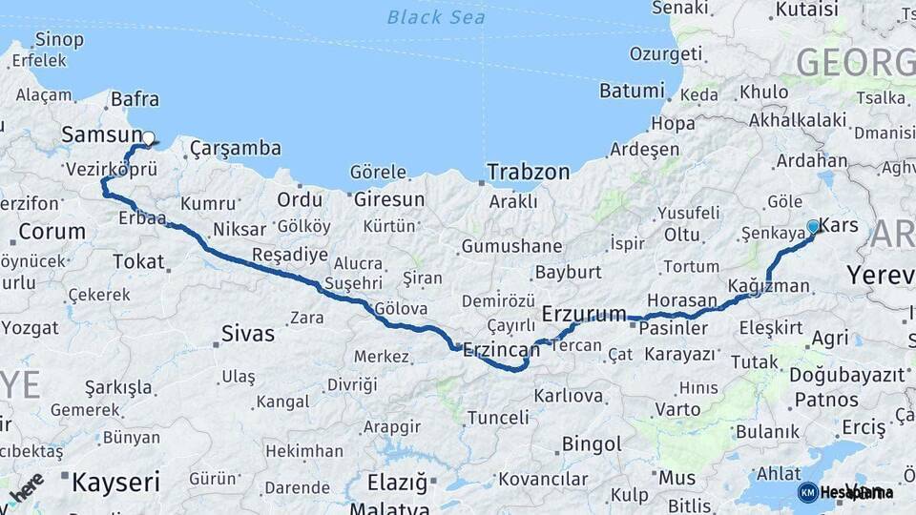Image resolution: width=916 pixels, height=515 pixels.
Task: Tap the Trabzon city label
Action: (528, 173)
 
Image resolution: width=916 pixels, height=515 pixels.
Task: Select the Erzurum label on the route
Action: (584, 313)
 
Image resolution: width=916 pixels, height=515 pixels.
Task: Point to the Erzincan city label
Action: (501, 350)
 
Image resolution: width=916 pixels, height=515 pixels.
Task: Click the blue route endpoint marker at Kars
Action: (813, 227)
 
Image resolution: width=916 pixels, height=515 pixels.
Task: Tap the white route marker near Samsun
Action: (148, 138)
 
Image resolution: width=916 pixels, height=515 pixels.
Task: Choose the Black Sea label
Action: (436, 17)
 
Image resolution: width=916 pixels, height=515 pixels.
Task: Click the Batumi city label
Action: (632, 92)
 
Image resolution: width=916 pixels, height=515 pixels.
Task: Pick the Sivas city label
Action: (247, 334)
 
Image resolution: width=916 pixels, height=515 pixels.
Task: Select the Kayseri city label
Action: (116, 482)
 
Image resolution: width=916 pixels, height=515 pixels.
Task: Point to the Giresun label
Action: (389, 199)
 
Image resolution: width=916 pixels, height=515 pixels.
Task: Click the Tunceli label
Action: (497, 418)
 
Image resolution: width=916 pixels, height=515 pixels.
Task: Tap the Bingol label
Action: (592, 443)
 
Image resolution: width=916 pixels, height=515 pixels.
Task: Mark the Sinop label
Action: (58, 40)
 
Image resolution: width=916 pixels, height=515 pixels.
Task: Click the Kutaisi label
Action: (806, 10)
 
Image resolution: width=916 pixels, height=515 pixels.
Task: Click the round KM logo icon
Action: (807, 492)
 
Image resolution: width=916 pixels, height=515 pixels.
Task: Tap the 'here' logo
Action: (26, 486)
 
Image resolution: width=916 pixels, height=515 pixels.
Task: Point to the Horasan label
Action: (681, 299)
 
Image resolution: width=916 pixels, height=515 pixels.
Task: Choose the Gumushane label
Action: (511, 246)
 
